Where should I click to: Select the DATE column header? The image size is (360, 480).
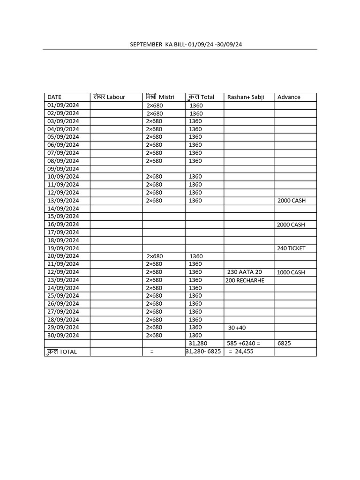[x=54, y=97]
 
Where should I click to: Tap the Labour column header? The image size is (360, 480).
[x=109, y=97]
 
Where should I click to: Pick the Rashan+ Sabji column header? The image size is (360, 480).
[x=246, y=97]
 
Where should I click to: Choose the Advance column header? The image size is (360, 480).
[x=289, y=97]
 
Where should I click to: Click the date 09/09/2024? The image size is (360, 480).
[x=63, y=169]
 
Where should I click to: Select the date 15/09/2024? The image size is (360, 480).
[x=63, y=216]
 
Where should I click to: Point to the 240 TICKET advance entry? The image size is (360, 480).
[x=291, y=248]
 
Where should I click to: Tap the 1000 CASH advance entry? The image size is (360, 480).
[x=291, y=272]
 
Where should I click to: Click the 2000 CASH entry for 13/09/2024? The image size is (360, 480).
[x=291, y=201]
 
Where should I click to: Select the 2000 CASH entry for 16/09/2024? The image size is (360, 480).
[x=291, y=225]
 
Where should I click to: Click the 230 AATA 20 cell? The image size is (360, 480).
[x=245, y=272]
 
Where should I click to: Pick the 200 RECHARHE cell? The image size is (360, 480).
[x=245, y=280]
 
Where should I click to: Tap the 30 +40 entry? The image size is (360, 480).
[x=237, y=328]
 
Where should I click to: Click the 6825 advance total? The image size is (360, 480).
[x=284, y=343]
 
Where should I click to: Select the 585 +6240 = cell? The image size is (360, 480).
[x=243, y=343]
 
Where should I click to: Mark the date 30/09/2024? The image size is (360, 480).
[x=63, y=335]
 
